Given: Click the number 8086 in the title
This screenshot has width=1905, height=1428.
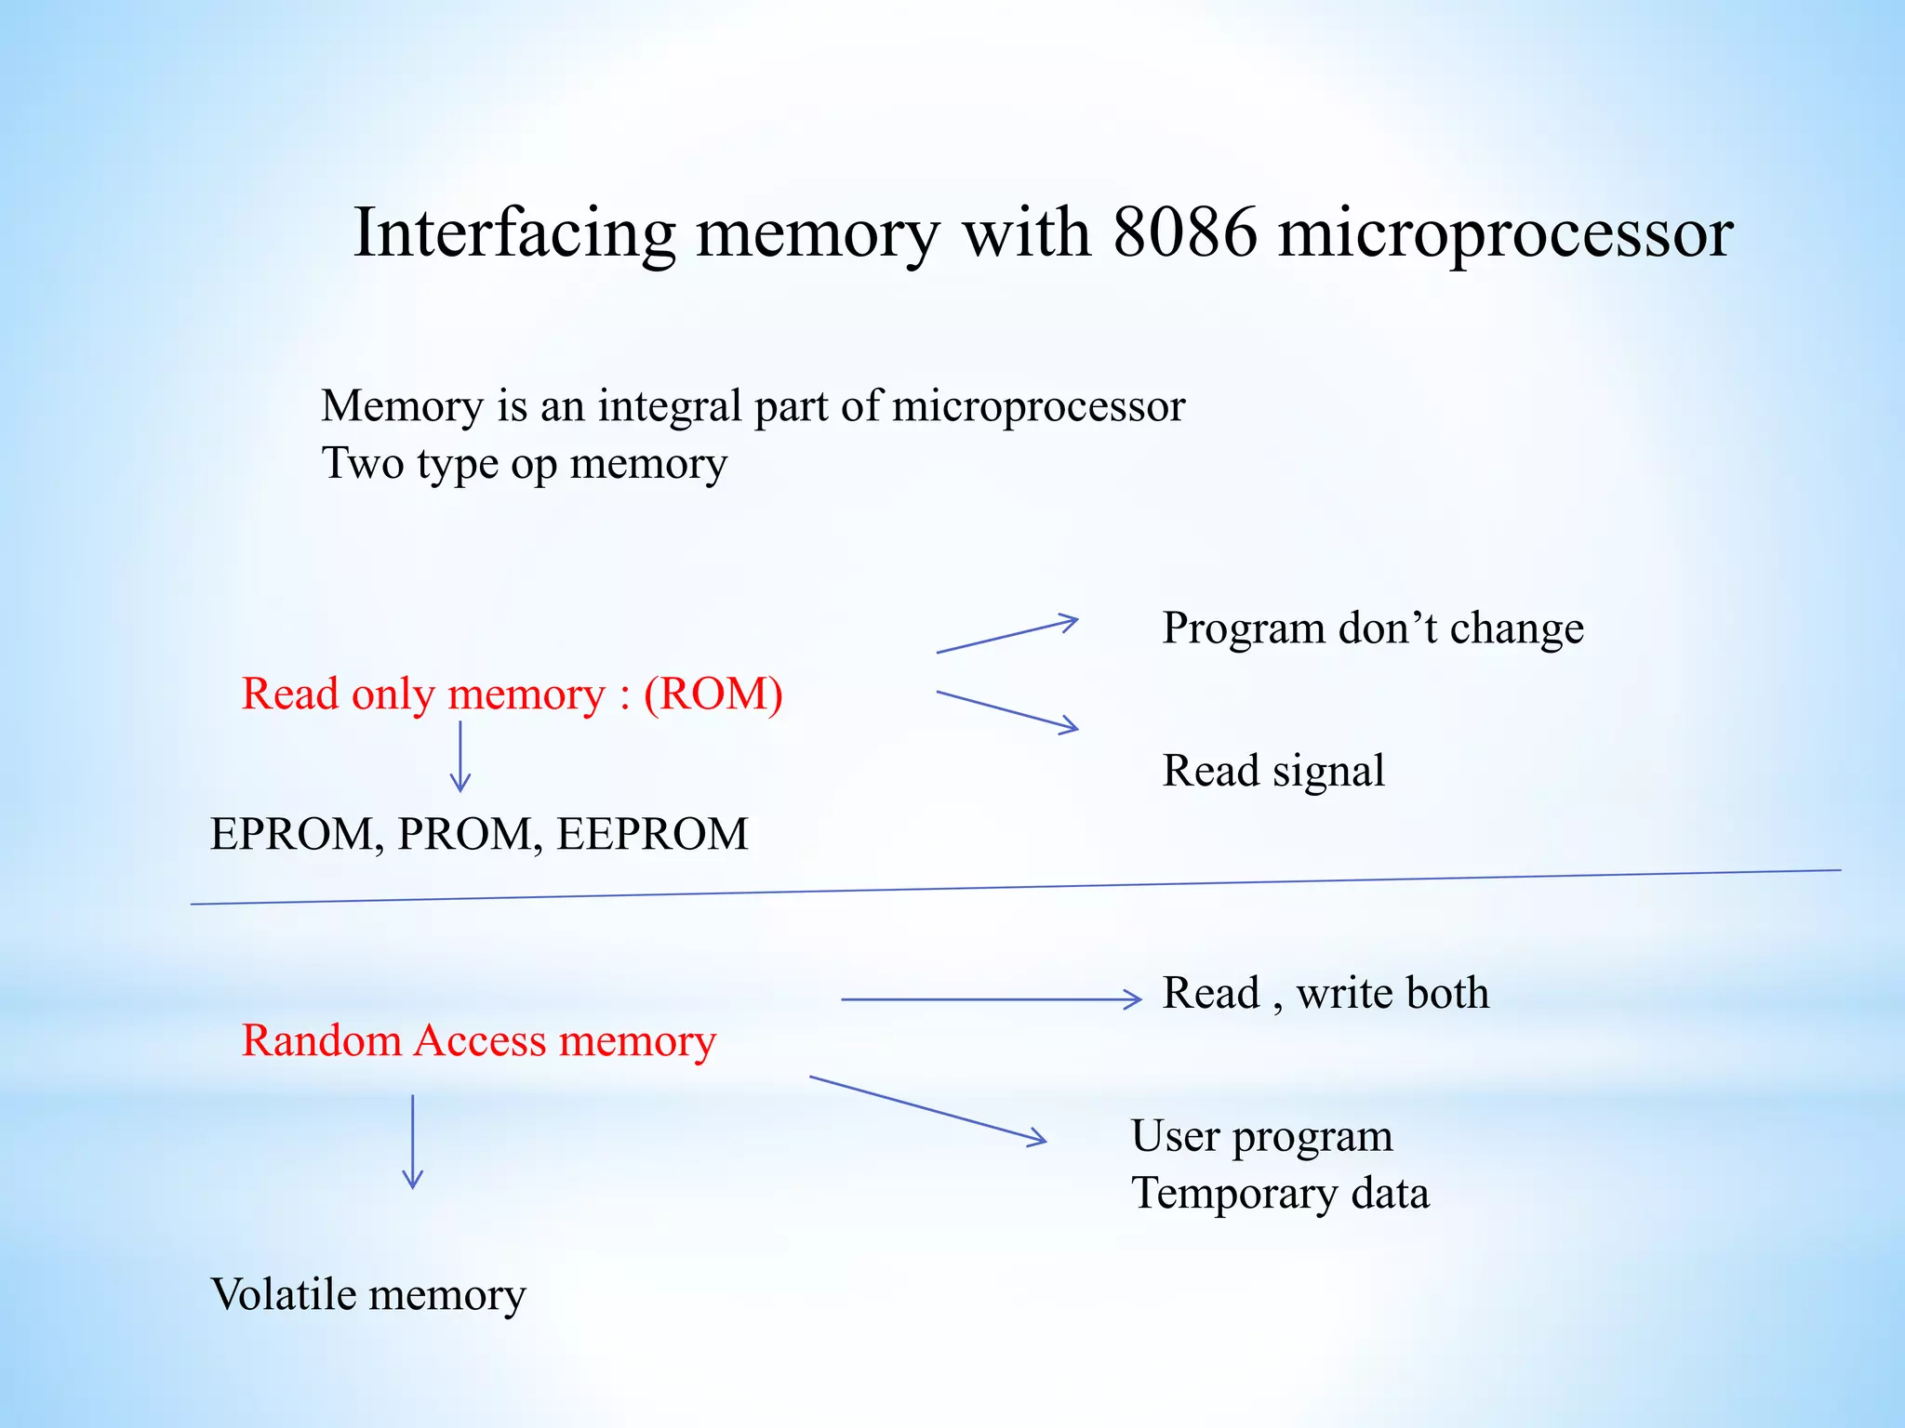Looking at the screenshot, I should pyautogui.click(x=1184, y=232).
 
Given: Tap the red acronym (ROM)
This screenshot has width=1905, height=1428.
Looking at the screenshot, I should pyautogui.click(x=713, y=694).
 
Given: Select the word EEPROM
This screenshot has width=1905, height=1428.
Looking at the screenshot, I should pyautogui.click(x=652, y=834).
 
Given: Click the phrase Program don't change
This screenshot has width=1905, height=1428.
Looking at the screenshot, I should pyautogui.click(x=1372, y=628).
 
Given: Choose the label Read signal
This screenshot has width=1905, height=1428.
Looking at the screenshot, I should pyautogui.click(x=1273, y=771).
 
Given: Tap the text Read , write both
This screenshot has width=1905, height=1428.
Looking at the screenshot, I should pyautogui.click(x=1326, y=993).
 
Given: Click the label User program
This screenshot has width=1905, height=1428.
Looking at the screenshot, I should pyautogui.click(x=1261, y=1136).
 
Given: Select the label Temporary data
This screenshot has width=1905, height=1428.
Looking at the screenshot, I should pyautogui.click(x=1280, y=1194).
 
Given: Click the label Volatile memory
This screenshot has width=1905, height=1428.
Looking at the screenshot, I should pyautogui.click(x=368, y=1294).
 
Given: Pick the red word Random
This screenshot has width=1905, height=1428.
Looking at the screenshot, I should pyautogui.click(x=322, y=1040).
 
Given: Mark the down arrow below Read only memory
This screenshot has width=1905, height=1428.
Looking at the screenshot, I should pyautogui.click(x=460, y=757).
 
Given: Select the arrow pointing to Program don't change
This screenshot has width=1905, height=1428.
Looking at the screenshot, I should pyautogui.click(x=1007, y=635).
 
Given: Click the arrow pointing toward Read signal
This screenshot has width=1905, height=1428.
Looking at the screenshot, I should pyautogui.click(x=1007, y=711).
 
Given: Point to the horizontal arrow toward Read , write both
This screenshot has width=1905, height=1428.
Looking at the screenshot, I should pyautogui.click(x=991, y=999).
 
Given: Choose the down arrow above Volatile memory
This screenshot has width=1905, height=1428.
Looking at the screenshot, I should pyautogui.click(x=413, y=1142).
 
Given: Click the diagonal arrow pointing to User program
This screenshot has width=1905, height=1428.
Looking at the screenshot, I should pyautogui.click(x=927, y=1109).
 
